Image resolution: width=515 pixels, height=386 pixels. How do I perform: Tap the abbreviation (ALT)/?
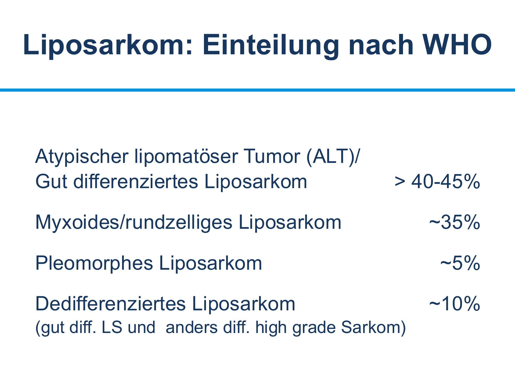point(333,157)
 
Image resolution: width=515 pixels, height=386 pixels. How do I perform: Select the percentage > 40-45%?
point(437,181)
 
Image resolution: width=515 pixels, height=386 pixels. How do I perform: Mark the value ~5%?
point(460,263)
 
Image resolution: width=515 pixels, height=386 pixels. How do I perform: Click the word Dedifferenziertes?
point(110,304)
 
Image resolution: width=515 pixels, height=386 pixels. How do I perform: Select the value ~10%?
point(454,304)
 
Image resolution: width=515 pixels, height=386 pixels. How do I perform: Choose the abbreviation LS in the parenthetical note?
point(112,327)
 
